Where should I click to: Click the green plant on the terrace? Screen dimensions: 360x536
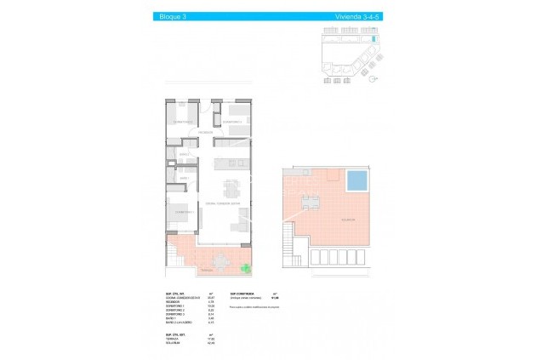(246, 270)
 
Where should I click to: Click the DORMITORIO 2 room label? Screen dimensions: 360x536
(180, 123)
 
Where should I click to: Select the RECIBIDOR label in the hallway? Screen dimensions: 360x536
(205, 133)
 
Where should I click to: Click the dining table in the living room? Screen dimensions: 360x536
(232, 188)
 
